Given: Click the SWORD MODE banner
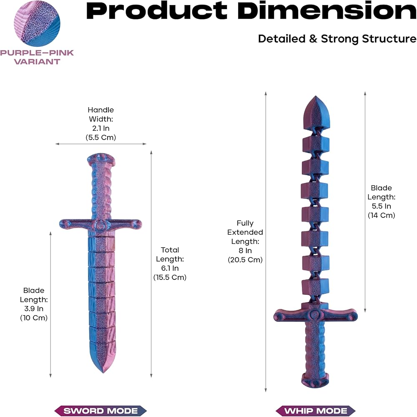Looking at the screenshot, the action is click(x=100, y=411).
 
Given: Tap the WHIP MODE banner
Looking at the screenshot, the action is click(x=316, y=411).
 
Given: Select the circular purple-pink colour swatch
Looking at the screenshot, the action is click(x=37, y=23).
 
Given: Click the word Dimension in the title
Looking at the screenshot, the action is click(x=327, y=11).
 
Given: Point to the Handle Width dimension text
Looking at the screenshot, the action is click(x=101, y=124).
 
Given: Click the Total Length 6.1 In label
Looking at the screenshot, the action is click(x=170, y=264).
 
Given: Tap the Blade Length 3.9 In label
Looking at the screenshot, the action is click(x=34, y=304).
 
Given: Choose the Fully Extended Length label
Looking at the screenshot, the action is click(x=245, y=241).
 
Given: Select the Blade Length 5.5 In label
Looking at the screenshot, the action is click(x=382, y=201).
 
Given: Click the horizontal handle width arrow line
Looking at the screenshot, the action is click(x=101, y=144).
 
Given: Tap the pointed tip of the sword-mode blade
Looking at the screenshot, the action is click(x=103, y=373).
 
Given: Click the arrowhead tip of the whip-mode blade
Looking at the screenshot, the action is click(x=316, y=96).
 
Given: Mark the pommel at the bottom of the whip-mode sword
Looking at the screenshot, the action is click(x=315, y=380).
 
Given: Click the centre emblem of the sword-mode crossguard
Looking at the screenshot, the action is click(x=100, y=226).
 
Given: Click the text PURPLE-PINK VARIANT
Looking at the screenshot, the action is click(x=37, y=57).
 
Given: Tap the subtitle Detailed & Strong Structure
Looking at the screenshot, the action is click(x=337, y=39).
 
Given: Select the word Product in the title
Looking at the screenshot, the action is click(x=157, y=11).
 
